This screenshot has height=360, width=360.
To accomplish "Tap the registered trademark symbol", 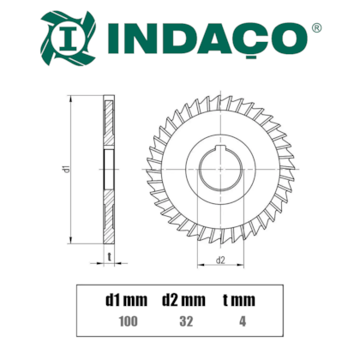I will [317, 28].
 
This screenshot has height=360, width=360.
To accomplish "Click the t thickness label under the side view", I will [111, 256].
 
